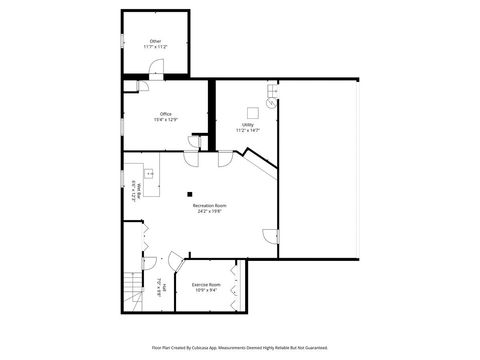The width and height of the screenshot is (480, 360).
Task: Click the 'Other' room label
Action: click(x=155, y=41)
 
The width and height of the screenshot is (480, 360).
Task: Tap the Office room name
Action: click(x=165, y=114)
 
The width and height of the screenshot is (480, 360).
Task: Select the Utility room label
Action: click(x=247, y=125)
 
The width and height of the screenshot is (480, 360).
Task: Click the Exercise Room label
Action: click(x=207, y=285)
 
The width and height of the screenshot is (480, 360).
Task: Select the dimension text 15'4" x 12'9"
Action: click(x=165, y=119)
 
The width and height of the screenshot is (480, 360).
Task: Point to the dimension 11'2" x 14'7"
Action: click(x=247, y=131)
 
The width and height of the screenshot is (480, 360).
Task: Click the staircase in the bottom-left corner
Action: click(x=133, y=291)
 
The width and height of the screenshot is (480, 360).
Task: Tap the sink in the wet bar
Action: click(x=148, y=173)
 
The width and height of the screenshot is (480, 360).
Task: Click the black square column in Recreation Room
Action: click(x=189, y=194)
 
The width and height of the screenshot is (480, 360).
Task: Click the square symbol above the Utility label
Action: click(x=253, y=109)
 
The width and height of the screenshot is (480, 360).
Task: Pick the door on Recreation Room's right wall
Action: click(x=270, y=236)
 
